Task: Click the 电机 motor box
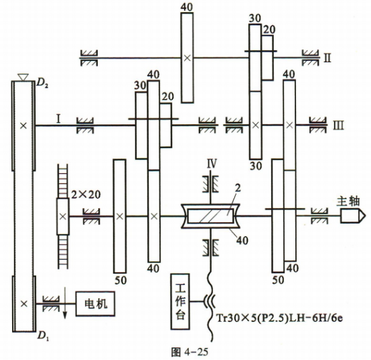[x=95, y=304]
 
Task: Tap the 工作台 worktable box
[x=180, y=301]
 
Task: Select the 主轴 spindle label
[x=348, y=201]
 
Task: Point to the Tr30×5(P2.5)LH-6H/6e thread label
[x=279, y=318]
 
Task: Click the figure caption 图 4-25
[x=190, y=352]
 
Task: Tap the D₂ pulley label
[x=43, y=84]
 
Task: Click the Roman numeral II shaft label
[x=327, y=58]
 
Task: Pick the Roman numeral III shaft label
[x=338, y=125]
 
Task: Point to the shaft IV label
[x=212, y=164]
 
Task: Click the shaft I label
[x=58, y=119]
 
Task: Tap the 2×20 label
[x=86, y=195]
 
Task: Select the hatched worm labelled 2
[x=210, y=216]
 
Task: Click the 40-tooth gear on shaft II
[x=187, y=58]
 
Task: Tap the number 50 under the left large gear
[x=121, y=280]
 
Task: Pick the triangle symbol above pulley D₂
[x=23, y=78]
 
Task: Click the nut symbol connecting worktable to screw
[x=210, y=301]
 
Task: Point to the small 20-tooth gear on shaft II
[x=268, y=58]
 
